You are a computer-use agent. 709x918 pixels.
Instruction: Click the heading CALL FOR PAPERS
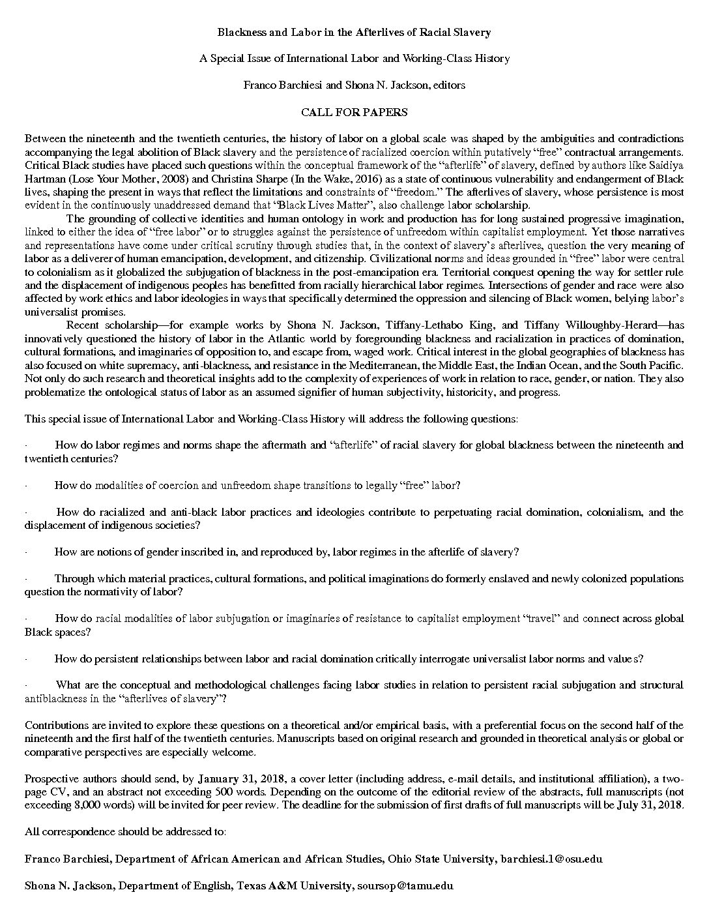[x=354, y=112]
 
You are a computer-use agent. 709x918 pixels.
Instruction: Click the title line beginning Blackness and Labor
[x=354, y=32]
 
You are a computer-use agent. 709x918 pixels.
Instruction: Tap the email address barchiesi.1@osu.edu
[x=551, y=859]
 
